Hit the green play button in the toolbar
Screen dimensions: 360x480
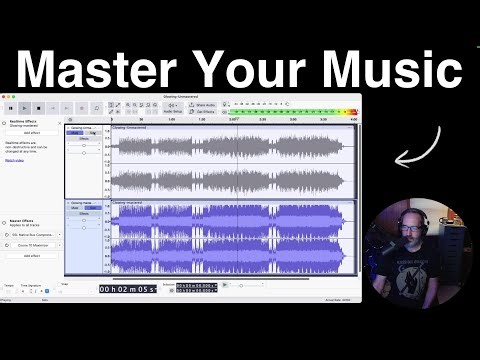pos(24,107)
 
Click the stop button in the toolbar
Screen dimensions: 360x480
pos(38,107)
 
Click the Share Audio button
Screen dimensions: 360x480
pos(204,104)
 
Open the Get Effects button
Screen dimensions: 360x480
pos(204,111)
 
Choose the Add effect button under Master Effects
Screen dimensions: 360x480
pos(32,256)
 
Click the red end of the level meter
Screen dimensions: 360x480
pos(351,104)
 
